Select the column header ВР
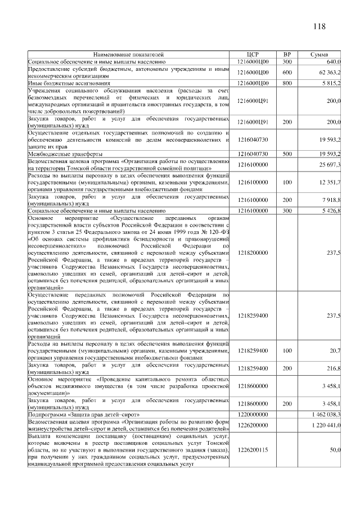tap(287, 54)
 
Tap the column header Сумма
tap(323, 54)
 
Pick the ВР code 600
tap(287, 72)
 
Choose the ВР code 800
tap(287, 83)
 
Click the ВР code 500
tap(287, 153)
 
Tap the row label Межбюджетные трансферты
tap(65, 153)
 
